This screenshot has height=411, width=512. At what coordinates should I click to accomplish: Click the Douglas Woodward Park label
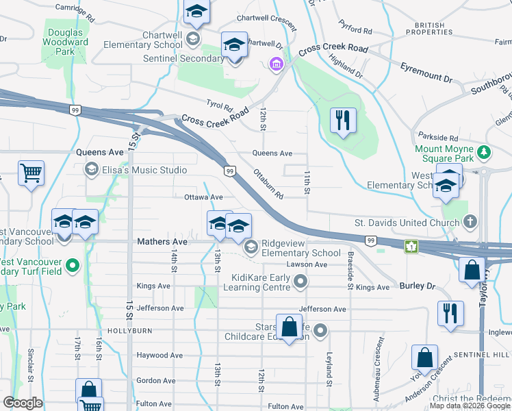(x=67, y=42)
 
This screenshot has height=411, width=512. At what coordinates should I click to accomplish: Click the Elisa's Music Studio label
(x=144, y=170)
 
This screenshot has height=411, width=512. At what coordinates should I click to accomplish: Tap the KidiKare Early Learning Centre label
(x=261, y=282)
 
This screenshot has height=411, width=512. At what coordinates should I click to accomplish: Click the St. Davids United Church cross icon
(x=470, y=222)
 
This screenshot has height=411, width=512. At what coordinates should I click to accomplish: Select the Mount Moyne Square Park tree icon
(x=484, y=151)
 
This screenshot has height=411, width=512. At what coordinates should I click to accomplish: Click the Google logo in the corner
(x=23, y=403)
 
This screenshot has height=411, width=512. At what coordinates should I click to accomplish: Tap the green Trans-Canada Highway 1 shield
(x=411, y=247)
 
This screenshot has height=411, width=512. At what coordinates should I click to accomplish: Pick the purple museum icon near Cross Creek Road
(x=275, y=65)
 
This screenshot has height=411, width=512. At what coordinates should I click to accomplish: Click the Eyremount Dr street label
(x=426, y=74)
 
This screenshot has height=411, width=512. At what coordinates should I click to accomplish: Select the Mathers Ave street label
(x=162, y=242)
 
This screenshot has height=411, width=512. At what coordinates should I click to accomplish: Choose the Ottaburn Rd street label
(x=268, y=184)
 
